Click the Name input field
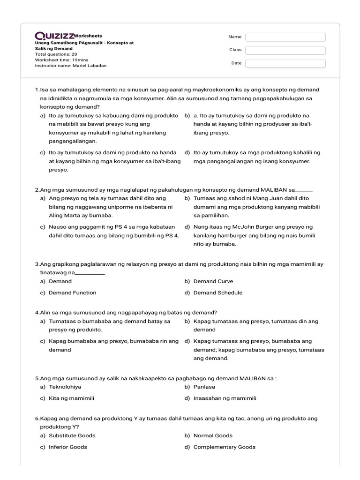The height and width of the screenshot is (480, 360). [285, 37]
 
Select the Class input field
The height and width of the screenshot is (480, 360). [285, 50]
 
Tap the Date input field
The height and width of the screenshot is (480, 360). [285, 63]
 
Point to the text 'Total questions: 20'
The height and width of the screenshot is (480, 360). [56, 54]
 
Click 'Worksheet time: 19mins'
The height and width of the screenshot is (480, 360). [61, 60]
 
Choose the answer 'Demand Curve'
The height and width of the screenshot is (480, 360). [213, 281]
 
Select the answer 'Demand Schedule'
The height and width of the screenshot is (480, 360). [217, 292]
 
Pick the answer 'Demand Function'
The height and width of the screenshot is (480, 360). [72, 292]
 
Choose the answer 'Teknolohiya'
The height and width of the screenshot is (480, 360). [65, 387]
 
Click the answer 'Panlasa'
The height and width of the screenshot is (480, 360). [204, 387]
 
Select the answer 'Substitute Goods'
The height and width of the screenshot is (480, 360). [72, 435]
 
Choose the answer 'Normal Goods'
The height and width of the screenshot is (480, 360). [213, 435]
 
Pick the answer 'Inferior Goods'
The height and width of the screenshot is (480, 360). [67, 447]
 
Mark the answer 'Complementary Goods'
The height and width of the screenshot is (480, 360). [224, 447]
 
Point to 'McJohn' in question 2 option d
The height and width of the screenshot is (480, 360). [241, 227]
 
